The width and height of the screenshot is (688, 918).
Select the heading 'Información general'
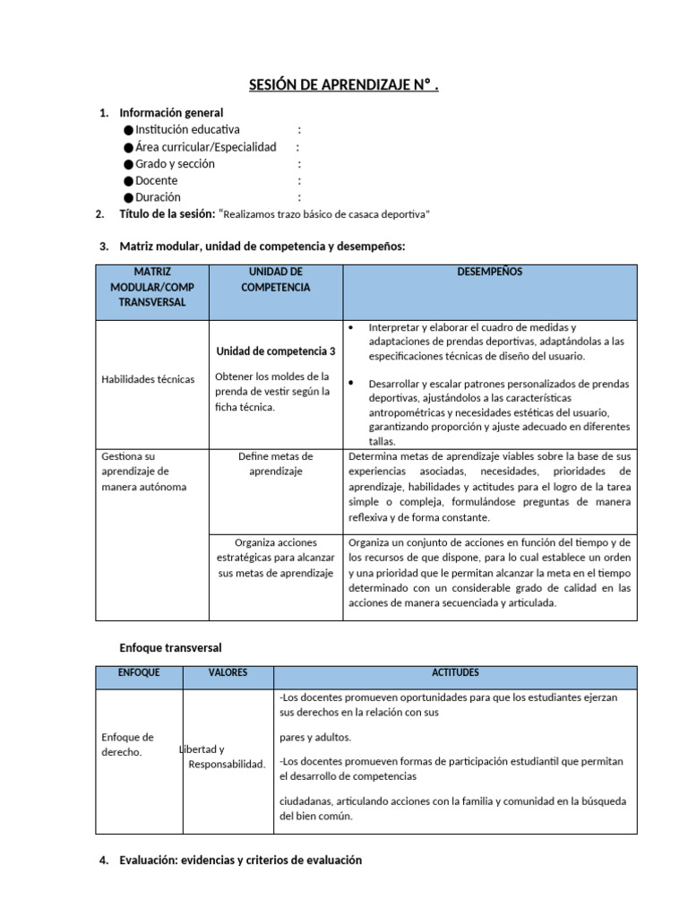[171, 113]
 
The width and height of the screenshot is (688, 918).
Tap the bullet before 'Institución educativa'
[129, 131]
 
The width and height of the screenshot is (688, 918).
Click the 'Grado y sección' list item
[175, 164]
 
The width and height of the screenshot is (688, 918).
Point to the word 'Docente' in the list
[157, 181]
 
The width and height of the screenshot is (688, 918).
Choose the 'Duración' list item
[158, 197]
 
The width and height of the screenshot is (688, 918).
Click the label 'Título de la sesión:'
[168, 214]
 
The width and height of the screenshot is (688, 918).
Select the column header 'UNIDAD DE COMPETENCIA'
[275, 279]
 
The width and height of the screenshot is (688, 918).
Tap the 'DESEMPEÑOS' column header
[489, 272]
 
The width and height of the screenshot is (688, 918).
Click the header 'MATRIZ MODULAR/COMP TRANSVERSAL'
[151, 287]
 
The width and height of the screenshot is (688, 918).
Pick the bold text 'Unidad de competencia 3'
[276, 351]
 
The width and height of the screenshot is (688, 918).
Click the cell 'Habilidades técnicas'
[148, 379]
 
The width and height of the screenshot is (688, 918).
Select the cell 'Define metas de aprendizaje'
[275, 463]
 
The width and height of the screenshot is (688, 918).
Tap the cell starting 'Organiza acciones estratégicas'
[275, 557]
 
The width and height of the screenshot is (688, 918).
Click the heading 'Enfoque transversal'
[170, 647]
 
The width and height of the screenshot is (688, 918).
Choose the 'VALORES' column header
[228, 672]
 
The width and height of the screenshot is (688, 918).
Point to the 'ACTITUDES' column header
[455, 672]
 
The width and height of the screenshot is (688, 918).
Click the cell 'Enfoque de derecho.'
[127, 744]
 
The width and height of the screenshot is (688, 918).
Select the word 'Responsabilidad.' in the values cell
[227, 765]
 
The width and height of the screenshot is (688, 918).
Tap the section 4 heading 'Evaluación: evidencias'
[240, 860]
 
